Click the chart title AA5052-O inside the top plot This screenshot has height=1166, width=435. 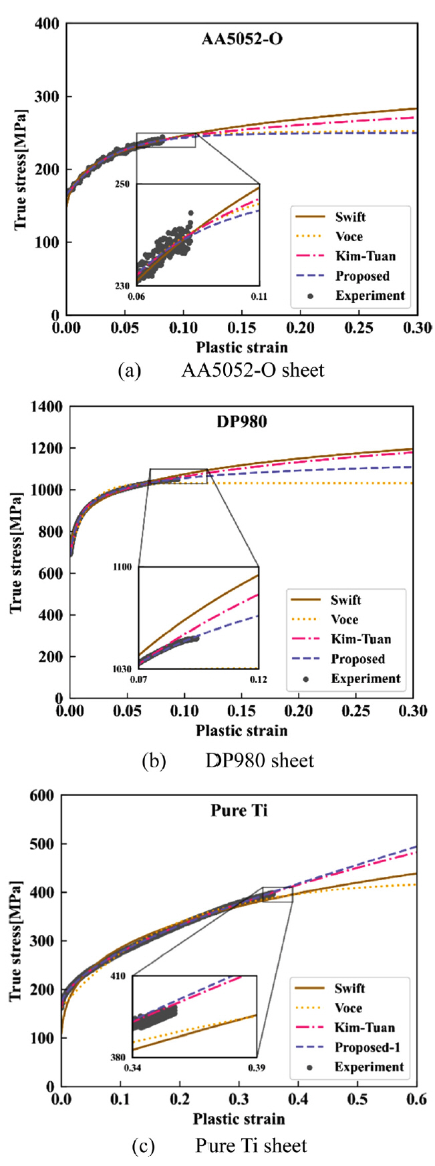click(x=242, y=38)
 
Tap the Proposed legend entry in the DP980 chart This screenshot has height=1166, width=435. click(x=357, y=659)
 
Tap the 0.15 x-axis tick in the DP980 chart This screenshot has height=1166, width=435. click(x=241, y=711)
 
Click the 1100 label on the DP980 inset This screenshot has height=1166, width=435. click(x=124, y=567)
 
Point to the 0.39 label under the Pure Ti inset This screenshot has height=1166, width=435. click(x=257, y=1067)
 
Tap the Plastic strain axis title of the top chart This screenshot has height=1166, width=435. click(x=242, y=347)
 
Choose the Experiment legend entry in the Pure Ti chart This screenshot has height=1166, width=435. click(x=370, y=1066)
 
